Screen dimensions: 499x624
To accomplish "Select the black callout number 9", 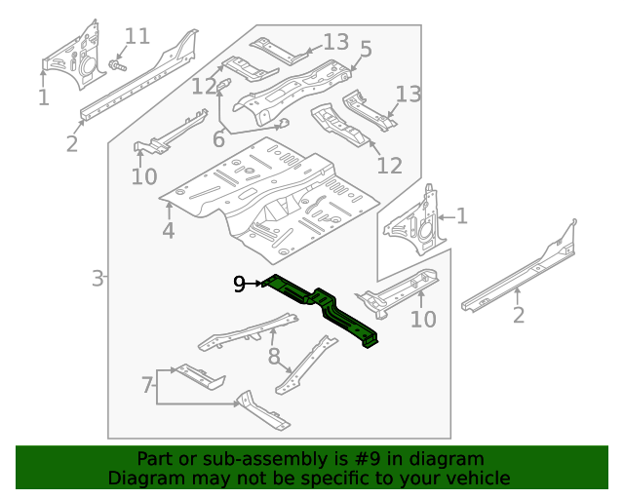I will pos(240,284).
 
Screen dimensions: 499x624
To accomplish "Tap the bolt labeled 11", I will pos(116,64).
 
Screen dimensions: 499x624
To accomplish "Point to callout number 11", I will pos(137,37).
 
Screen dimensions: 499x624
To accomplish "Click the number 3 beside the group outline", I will pos(97,280).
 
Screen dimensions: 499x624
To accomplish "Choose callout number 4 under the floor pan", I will pos(169,231).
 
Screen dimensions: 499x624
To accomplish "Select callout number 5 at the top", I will pos(366,49).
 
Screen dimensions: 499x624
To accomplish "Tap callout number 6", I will pos(218,140).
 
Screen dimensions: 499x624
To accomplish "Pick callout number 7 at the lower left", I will pos(146,386).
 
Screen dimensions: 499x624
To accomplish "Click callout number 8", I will pos(274,356).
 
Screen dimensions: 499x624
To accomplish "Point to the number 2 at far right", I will pos(518,314).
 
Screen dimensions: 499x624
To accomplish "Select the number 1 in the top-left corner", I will pos(43,97).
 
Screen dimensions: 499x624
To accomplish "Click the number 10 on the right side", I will pos(422,319).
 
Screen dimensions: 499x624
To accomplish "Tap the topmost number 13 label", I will pos(335,42).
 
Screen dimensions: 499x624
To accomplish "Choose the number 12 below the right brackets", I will pos(388,166).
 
